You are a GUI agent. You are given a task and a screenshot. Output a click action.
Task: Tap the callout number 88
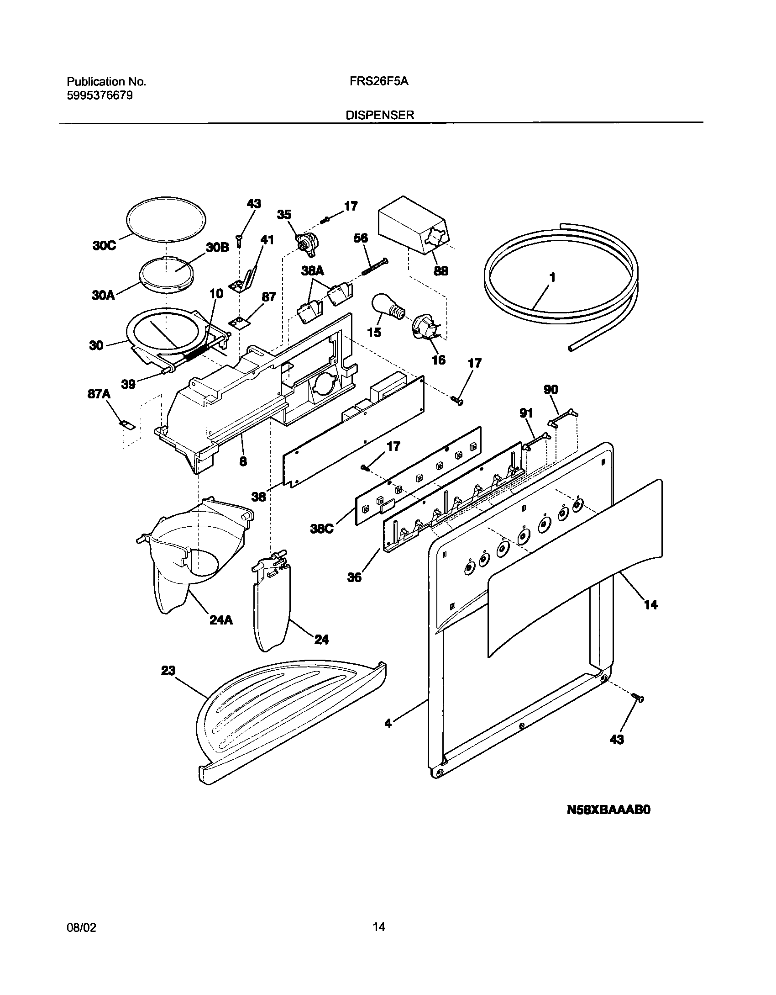tap(440, 271)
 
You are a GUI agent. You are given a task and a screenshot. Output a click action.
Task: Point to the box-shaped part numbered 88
tap(413, 224)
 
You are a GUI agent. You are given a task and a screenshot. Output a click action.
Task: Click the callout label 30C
tap(104, 246)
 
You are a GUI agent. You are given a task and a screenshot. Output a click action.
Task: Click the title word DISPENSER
tap(380, 116)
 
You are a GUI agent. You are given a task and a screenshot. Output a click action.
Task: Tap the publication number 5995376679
tap(100, 95)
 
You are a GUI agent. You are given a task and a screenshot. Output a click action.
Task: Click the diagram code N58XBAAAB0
tap(608, 823)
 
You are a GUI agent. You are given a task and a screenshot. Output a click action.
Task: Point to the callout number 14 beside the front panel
tap(650, 605)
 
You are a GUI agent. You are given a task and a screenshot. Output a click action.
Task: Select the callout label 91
tap(526, 413)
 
